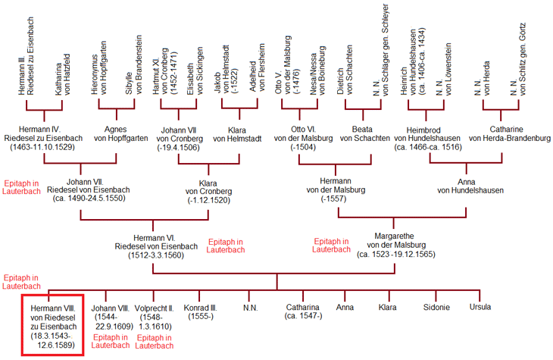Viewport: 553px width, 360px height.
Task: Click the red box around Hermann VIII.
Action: (x=52, y=324)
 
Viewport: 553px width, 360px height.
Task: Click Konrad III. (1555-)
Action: (x=201, y=311)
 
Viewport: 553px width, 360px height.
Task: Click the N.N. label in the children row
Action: (x=251, y=307)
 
